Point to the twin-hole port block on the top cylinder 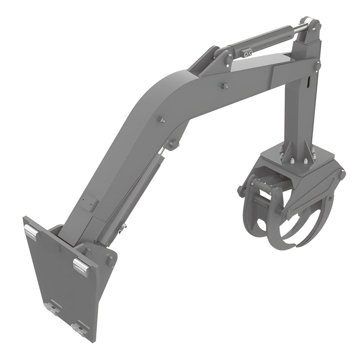(245, 54)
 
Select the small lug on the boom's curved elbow (160, 120)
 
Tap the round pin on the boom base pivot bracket (110, 260)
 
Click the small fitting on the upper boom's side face (224, 86)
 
